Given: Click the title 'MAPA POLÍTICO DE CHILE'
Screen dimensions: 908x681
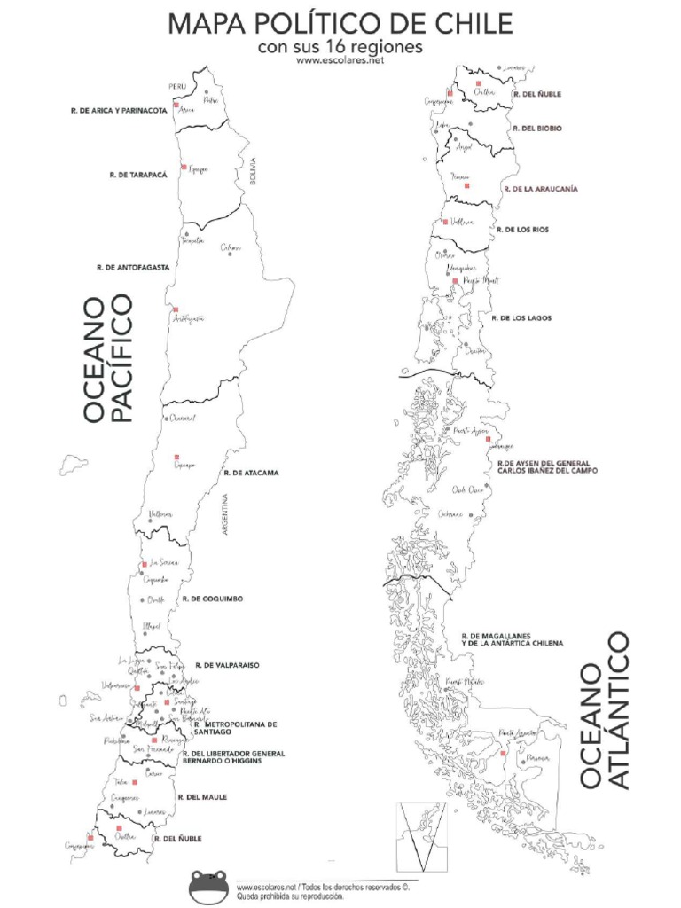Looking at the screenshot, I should [340, 23].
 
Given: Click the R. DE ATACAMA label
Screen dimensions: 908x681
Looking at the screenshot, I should [252, 474].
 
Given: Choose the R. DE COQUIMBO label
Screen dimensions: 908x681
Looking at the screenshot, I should [213, 599].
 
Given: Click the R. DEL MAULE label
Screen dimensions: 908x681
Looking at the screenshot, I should [202, 797].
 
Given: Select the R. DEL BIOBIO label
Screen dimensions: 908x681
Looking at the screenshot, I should [537, 129].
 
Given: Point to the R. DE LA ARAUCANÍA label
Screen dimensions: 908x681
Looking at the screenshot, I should [541, 189].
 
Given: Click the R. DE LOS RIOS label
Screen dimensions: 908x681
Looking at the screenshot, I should [523, 230].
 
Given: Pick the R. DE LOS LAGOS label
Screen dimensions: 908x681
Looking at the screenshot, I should [521, 317].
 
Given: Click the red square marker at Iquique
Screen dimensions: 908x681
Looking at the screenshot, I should [184, 167].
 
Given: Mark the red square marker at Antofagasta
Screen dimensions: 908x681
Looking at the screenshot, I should [175, 309].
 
